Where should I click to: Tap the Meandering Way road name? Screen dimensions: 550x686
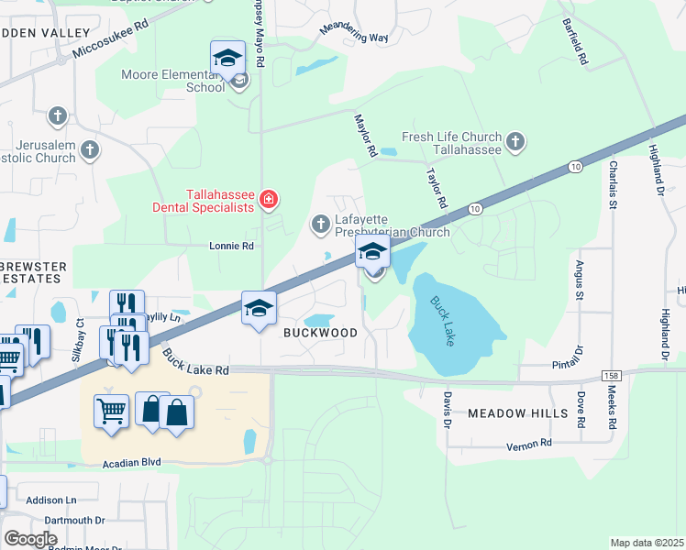354,31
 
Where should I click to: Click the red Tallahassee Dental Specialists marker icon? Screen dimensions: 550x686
268,200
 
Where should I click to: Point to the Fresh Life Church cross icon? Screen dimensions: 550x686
515,141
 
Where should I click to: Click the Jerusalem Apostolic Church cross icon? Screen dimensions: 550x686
90,149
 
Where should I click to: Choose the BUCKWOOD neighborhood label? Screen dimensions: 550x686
319,333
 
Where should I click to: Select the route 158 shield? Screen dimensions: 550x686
613,376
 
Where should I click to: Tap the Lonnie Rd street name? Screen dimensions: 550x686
231,246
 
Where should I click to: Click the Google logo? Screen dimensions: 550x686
30,539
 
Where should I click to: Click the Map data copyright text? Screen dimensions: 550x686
647,543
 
